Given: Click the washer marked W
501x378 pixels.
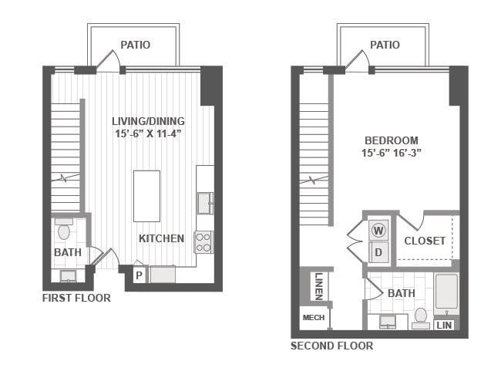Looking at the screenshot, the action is coord(378,230).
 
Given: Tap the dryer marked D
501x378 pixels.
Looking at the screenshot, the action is coord(378,252).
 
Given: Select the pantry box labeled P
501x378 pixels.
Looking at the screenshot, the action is coord(139,275).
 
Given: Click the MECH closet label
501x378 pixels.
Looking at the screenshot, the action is coord(314,318).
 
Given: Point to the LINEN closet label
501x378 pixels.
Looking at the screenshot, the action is coord(319,286).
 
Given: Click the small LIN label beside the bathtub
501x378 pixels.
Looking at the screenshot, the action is coord(444,326).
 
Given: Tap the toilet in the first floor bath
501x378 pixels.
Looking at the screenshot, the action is coord(64,229).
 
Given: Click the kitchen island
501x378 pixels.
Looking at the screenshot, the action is coord(146,196).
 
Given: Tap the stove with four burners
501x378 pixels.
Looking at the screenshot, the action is coord(203,242).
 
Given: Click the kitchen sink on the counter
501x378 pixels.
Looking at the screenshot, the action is coord(205,203).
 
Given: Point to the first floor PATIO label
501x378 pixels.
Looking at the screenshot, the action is coord(136,45).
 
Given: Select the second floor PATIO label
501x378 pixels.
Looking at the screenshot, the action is coord(385,45).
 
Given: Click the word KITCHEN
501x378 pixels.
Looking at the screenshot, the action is coord(161,238).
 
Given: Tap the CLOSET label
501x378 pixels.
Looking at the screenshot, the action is coord(425,241).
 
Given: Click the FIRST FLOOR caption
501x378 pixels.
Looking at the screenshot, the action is coord(76,298).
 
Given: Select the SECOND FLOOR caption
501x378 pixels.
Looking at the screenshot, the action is coord(331,346).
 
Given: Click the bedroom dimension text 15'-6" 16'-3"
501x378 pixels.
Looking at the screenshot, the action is coord(392,153).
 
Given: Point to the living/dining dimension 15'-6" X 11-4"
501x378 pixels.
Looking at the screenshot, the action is coord(148,133).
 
